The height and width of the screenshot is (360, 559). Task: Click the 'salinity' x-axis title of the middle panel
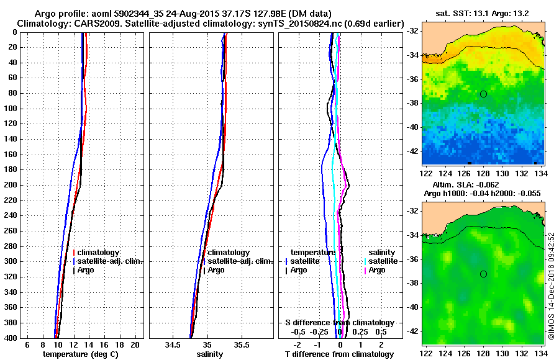tap(209, 354)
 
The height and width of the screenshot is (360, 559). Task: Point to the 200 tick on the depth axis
tap(10, 185)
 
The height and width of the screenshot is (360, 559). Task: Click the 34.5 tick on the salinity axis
tap(173, 344)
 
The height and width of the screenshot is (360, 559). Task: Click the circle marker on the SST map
tap(483, 94)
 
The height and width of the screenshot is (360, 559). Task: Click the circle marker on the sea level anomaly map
tap(483, 274)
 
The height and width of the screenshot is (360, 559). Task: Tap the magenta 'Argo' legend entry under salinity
tap(377, 270)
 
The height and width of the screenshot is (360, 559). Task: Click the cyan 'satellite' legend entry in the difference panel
tap(383, 261)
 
